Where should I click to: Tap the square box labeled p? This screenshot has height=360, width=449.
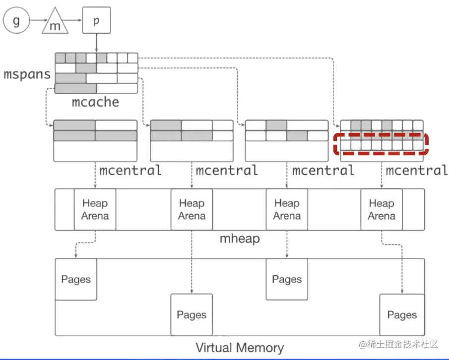pos(96,21)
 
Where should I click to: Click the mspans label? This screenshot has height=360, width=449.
pos(27,75)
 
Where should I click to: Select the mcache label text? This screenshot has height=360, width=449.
pos(96,103)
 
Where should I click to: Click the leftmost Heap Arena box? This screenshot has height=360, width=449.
pos(95,209)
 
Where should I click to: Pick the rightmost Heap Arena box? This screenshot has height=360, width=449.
pos(382,209)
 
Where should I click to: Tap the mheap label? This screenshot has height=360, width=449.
pos(240,239)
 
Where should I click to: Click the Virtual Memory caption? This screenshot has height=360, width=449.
pos(240,348)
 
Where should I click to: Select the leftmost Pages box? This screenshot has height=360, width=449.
pos(76,279)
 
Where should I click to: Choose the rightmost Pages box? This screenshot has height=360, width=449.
pos(402,315)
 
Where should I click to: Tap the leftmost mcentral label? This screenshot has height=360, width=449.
pos(130,171)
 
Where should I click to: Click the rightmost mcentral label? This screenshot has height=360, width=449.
pos(417,171)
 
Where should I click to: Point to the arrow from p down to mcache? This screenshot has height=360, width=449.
pos(96,43)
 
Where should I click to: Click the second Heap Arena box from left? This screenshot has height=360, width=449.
pos(192,209)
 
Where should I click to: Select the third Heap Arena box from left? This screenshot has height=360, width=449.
pos(287,209)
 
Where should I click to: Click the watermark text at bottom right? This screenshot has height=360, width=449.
pos(399,344)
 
